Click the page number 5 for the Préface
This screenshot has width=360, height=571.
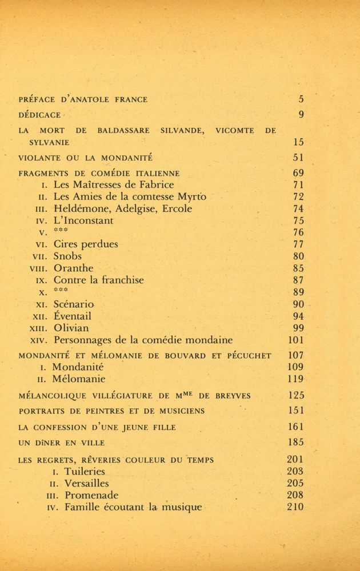pyautogui.click(x=301, y=99)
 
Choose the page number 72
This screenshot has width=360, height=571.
pyautogui.click(x=298, y=196)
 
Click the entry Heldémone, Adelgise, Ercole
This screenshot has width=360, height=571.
pyautogui.click(x=122, y=208)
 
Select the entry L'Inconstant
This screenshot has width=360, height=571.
pyautogui.click(x=83, y=220)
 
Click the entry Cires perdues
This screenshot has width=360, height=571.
pyautogui.click(x=86, y=244)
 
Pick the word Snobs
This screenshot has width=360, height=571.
pyautogui.click(x=67, y=256)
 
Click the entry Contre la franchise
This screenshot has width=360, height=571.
pyautogui.click(x=98, y=280)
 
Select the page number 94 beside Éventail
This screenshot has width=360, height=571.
pyautogui.click(x=298, y=316)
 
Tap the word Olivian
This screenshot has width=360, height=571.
pyautogui.click(x=71, y=328)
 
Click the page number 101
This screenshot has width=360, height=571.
pyautogui.click(x=295, y=340)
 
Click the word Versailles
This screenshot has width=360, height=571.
pyautogui.click(x=86, y=484)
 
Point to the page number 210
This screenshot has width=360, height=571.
pyautogui.click(x=295, y=507)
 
